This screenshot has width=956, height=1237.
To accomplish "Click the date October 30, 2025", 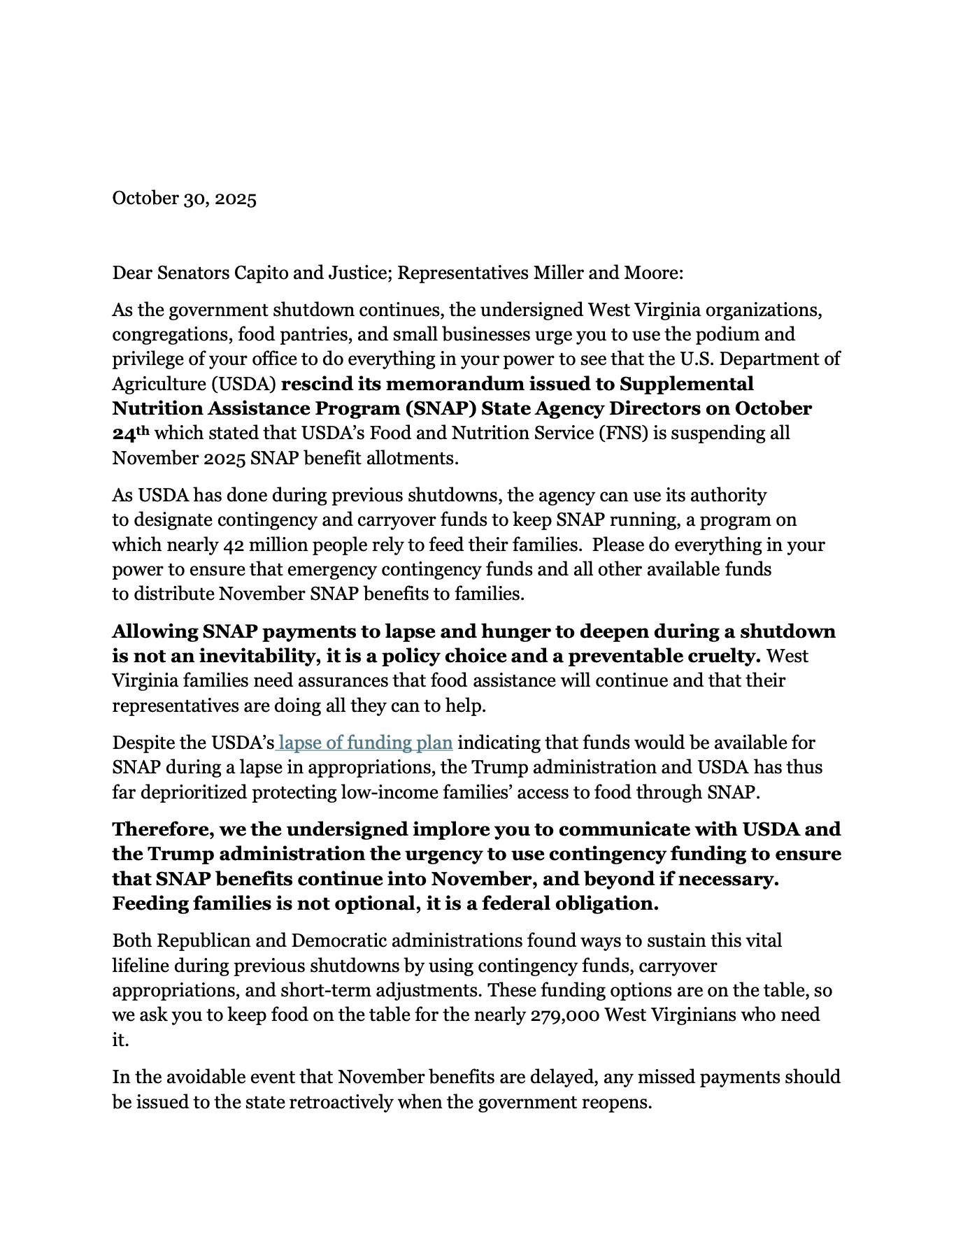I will (x=185, y=199).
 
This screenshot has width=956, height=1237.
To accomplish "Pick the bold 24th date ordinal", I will (x=131, y=433).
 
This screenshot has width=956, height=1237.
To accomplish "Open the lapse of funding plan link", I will (x=365, y=743).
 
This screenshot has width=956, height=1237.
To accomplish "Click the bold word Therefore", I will (x=162, y=829).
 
